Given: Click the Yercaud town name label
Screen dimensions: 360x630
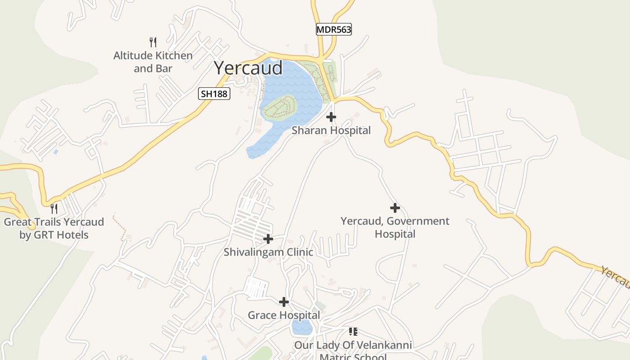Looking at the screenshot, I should click(x=248, y=68).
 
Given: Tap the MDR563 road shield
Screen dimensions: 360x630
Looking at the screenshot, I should click(x=333, y=30).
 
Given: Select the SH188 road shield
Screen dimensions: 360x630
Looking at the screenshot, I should click(x=214, y=94).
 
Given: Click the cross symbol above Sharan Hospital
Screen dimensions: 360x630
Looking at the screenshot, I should click(x=331, y=117).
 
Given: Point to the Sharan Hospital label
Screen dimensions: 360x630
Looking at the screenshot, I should click(x=331, y=130).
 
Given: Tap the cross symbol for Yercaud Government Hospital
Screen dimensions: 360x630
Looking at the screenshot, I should click(x=395, y=208).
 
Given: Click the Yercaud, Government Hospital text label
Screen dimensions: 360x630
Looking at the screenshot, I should click(x=395, y=227).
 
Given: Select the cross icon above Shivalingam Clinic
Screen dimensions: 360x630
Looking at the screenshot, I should click(x=268, y=238).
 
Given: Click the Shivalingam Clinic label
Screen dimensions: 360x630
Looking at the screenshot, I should click(x=268, y=252).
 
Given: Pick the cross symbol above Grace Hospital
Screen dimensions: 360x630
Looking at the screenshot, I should click(x=284, y=301).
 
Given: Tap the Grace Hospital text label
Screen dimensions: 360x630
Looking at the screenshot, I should click(x=284, y=315).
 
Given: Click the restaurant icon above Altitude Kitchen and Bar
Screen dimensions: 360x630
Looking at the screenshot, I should click(x=153, y=42).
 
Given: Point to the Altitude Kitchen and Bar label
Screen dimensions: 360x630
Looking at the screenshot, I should click(x=153, y=62).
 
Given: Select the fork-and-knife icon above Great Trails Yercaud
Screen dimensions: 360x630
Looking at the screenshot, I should click(x=54, y=208).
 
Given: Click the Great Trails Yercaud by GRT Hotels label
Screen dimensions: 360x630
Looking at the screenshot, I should click(x=54, y=228).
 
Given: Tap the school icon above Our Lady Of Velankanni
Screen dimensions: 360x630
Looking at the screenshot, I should click(x=353, y=332).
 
